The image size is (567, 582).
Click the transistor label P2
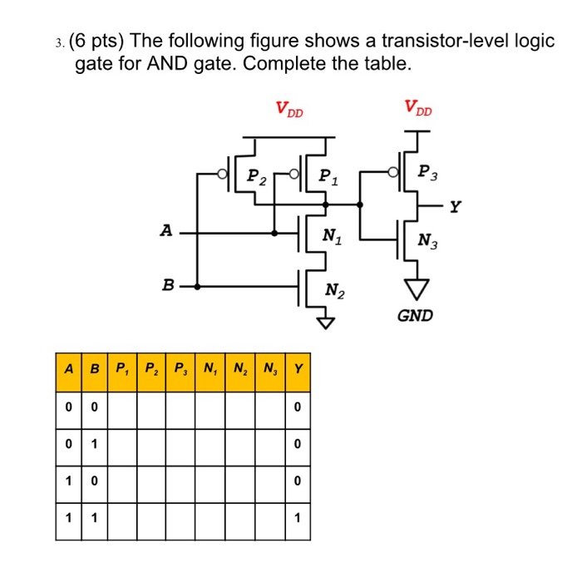[x=257, y=175]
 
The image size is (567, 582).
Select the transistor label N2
[x=334, y=290]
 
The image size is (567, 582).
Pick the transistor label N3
[x=429, y=242]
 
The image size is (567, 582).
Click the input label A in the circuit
[x=166, y=230]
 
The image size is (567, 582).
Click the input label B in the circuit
[x=168, y=285]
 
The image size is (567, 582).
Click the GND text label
[x=415, y=316]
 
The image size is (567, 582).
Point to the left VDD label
[x=290, y=108]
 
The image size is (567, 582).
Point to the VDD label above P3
[x=419, y=108]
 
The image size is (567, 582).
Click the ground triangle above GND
[x=415, y=288]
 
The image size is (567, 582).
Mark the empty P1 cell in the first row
[x=124, y=407]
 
